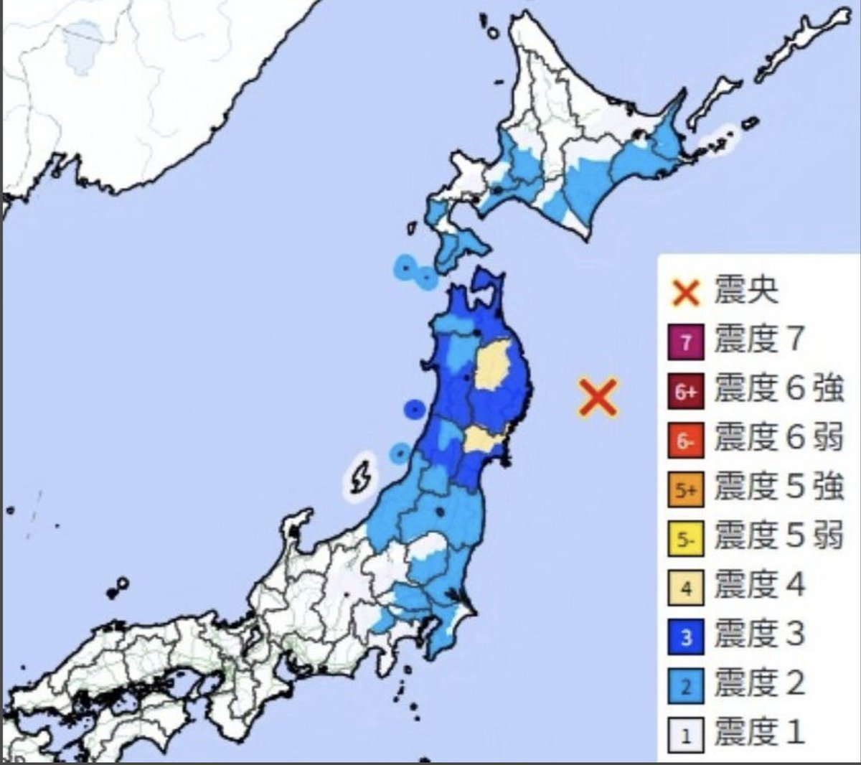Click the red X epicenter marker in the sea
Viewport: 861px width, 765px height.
pyautogui.click(x=598, y=398)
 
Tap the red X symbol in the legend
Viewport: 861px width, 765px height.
pyautogui.click(x=686, y=292)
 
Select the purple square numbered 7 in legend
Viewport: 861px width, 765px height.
pyautogui.click(x=686, y=342)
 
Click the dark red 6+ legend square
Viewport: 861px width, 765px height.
pyautogui.click(x=686, y=391)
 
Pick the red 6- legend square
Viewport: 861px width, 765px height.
pyautogui.click(x=686, y=441)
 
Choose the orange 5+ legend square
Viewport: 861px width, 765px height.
pyautogui.click(x=686, y=490)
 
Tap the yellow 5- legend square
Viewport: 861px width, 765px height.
pyautogui.click(x=686, y=539)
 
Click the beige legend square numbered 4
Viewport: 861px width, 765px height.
pyautogui.click(x=686, y=588)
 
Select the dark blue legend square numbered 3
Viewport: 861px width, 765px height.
pyautogui.click(x=686, y=637)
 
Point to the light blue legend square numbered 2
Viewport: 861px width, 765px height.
pyautogui.click(x=686, y=687)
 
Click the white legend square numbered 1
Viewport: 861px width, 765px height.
pyautogui.click(x=686, y=736)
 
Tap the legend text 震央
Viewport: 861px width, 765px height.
pyautogui.click(x=746, y=291)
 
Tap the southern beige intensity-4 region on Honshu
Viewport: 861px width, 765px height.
pyautogui.click(x=481, y=439)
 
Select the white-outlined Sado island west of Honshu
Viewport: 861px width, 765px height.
pyautogui.click(x=360, y=475)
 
